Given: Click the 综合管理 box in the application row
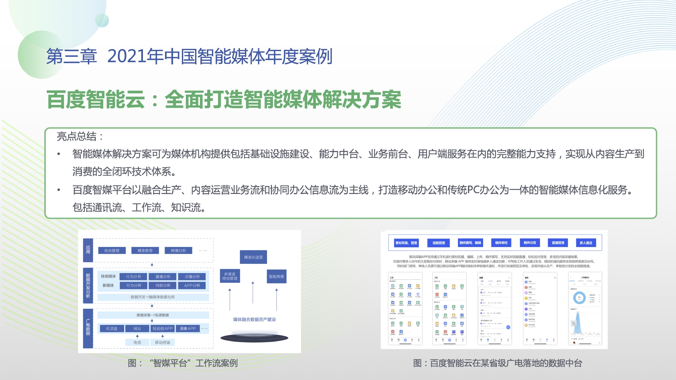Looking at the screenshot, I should point(112,251).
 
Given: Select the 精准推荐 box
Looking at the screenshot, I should point(145,251).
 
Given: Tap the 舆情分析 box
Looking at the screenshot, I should point(178,251).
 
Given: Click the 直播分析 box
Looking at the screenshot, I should point(163,277).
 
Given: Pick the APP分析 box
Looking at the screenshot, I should point(192,285).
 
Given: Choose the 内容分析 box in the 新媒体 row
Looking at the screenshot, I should point(163,285).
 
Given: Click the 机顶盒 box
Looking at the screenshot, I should point(112,329).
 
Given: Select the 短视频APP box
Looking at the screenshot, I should point(163,329).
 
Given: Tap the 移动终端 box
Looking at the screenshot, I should point(162,342).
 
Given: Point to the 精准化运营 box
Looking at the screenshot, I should point(253,257).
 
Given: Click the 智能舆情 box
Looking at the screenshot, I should point(276,276).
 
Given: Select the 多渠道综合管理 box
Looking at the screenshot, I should point(230,276).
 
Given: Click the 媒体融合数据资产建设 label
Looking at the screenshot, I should point(254,319).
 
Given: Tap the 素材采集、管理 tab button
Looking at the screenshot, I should point(406,243).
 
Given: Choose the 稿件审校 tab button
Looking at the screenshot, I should point(501,243).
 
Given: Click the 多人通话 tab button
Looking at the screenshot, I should point(586,243).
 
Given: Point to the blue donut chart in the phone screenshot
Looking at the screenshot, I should point(579,298).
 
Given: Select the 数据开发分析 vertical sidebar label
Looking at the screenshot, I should point(88,285).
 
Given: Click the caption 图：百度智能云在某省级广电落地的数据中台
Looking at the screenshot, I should point(497,363).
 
